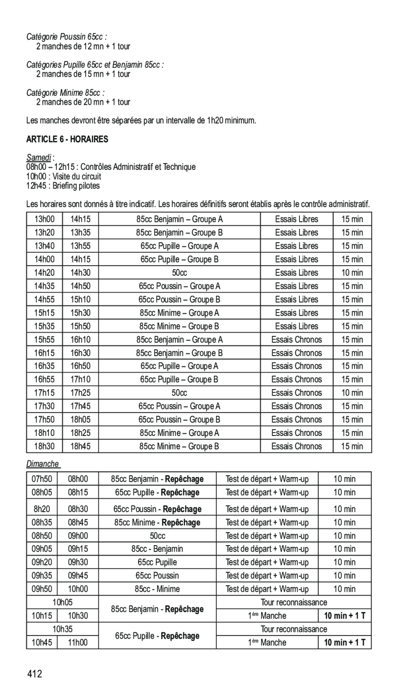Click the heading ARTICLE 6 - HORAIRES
(67, 139)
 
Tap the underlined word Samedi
(39, 158)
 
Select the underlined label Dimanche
(43, 464)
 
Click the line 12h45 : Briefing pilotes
(63, 186)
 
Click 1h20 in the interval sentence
(212, 121)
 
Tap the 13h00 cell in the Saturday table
(45, 219)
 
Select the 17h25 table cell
(81, 393)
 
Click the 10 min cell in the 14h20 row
(352, 273)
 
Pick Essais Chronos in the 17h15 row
(297, 393)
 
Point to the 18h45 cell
(81, 446)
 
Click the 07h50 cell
(45, 479)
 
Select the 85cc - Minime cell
(157, 589)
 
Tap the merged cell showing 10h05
(62, 602)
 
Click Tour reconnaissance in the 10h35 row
(293, 629)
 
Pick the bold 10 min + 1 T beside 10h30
(346, 616)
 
